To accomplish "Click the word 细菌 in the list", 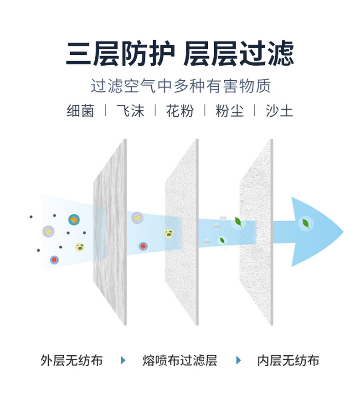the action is coord(80,111).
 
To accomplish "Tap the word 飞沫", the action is coord(130,111).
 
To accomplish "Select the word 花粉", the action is coord(180,111).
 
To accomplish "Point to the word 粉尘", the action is coord(230,111).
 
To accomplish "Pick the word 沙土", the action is coord(279,111).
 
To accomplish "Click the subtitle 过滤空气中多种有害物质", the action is coord(180,86).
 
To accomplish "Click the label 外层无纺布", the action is coord(72,361).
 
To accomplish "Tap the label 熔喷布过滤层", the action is coord(180,361).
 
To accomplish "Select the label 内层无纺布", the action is coord(288,361).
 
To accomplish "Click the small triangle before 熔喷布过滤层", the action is coord(123,361).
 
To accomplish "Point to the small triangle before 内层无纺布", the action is coord(238,361).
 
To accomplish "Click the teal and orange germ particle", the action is coord(73,220).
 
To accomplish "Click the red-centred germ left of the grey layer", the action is coord(54,260).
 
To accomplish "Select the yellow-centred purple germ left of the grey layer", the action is coord(48,231).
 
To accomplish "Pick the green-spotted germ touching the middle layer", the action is coord(169,234).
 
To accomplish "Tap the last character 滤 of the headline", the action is coord(280,54).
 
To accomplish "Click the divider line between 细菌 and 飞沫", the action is coord(105,111).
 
